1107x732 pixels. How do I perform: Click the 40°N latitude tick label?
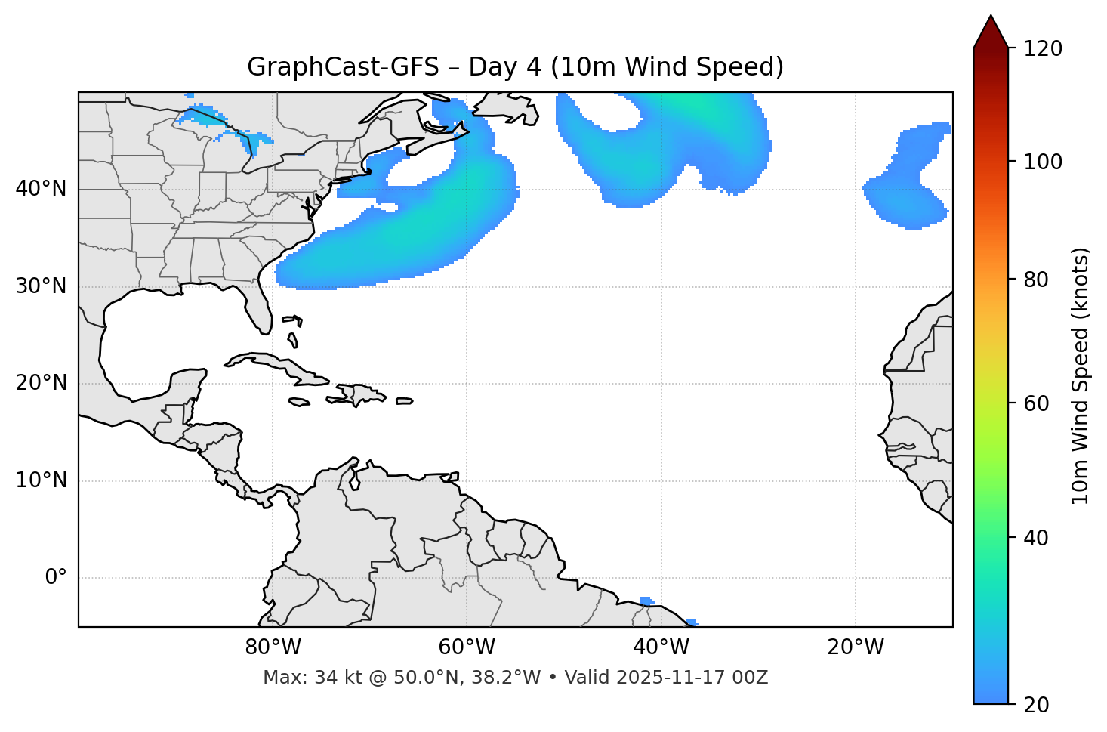pos(41,189)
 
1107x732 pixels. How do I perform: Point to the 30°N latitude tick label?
pos(41,286)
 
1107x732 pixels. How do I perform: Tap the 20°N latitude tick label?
pos(41,383)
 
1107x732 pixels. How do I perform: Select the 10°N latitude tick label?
pos(41,480)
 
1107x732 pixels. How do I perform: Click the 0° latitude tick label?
pos(56,578)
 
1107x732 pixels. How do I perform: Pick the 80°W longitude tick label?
pos(273,647)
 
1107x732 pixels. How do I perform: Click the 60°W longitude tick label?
pos(467,647)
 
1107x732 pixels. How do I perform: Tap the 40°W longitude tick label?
pos(661,647)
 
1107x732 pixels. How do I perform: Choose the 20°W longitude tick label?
pos(856,647)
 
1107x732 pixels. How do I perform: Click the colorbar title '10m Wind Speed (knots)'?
pos(1081,376)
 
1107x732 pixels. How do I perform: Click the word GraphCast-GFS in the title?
pos(343,67)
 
